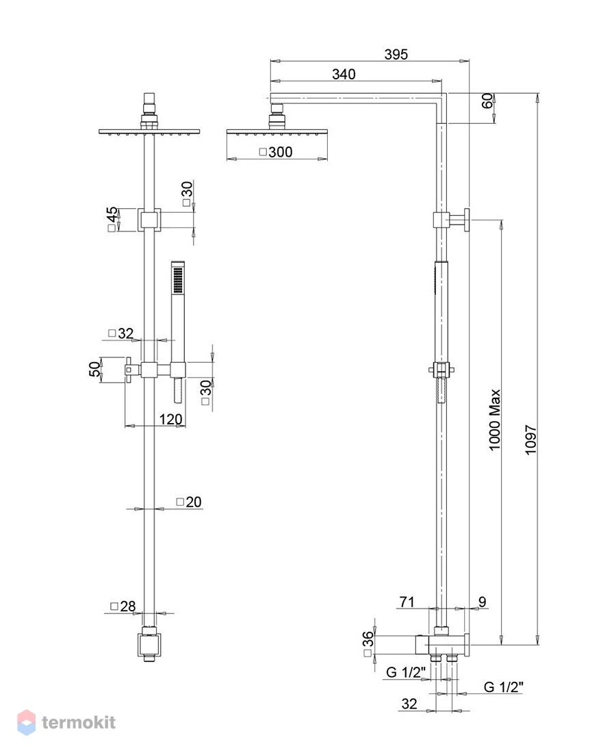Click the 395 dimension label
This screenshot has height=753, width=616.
tap(396, 54)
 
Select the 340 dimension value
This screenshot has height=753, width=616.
tap(344, 74)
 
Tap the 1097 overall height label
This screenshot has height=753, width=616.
tap(530, 440)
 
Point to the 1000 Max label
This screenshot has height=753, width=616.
tap(495, 420)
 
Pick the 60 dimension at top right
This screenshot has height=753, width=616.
tap(487, 101)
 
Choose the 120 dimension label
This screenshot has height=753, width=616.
tap(171, 419)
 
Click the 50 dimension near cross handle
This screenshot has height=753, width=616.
tap(95, 368)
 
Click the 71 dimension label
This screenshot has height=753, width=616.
tap(407, 601)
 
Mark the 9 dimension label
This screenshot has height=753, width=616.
tap(483, 601)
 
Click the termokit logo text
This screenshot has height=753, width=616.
tap(79, 722)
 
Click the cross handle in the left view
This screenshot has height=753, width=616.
tap(129, 370)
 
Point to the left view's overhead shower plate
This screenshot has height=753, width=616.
tap(149, 131)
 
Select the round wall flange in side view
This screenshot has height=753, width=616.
tap(466, 220)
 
